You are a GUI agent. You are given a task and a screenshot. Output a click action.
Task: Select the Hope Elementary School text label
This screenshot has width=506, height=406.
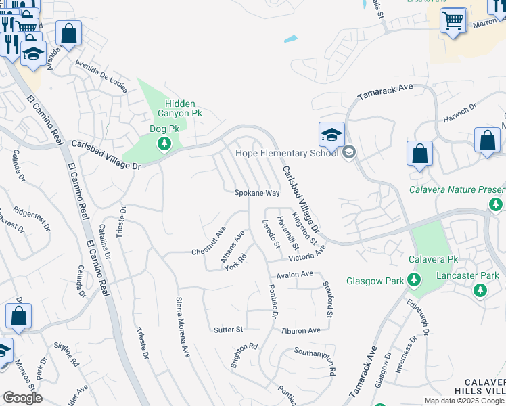click(x=286, y=153)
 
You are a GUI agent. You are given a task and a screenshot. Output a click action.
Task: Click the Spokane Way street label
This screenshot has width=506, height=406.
click(x=257, y=193)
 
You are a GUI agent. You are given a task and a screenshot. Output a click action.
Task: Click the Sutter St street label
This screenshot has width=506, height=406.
click(x=228, y=330)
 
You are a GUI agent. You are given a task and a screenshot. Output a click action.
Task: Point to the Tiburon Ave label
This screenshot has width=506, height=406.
click(x=300, y=330)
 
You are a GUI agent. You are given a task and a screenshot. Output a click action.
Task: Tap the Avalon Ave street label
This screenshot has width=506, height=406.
click(x=295, y=274)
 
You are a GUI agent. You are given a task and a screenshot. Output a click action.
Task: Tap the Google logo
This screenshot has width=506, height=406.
click(x=22, y=398)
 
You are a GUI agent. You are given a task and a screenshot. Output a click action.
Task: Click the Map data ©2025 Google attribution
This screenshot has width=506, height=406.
click(x=463, y=401)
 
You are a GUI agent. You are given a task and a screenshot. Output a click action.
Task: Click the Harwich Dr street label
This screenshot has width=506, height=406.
click(x=461, y=110)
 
